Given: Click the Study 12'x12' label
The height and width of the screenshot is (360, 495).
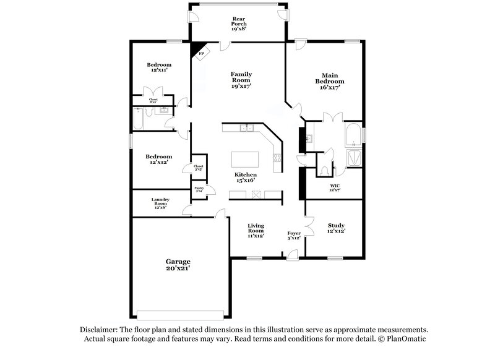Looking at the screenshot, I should (x=336, y=228).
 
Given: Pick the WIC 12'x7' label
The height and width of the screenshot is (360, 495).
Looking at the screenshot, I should (x=335, y=187).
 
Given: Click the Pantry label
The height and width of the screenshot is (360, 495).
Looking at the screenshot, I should (x=199, y=189).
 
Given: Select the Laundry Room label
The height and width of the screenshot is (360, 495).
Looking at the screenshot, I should (x=160, y=203).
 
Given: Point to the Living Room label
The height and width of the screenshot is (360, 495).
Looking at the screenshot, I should (x=256, y=230).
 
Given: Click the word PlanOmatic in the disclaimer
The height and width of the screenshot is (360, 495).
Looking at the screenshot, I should (x=406, y=339).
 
